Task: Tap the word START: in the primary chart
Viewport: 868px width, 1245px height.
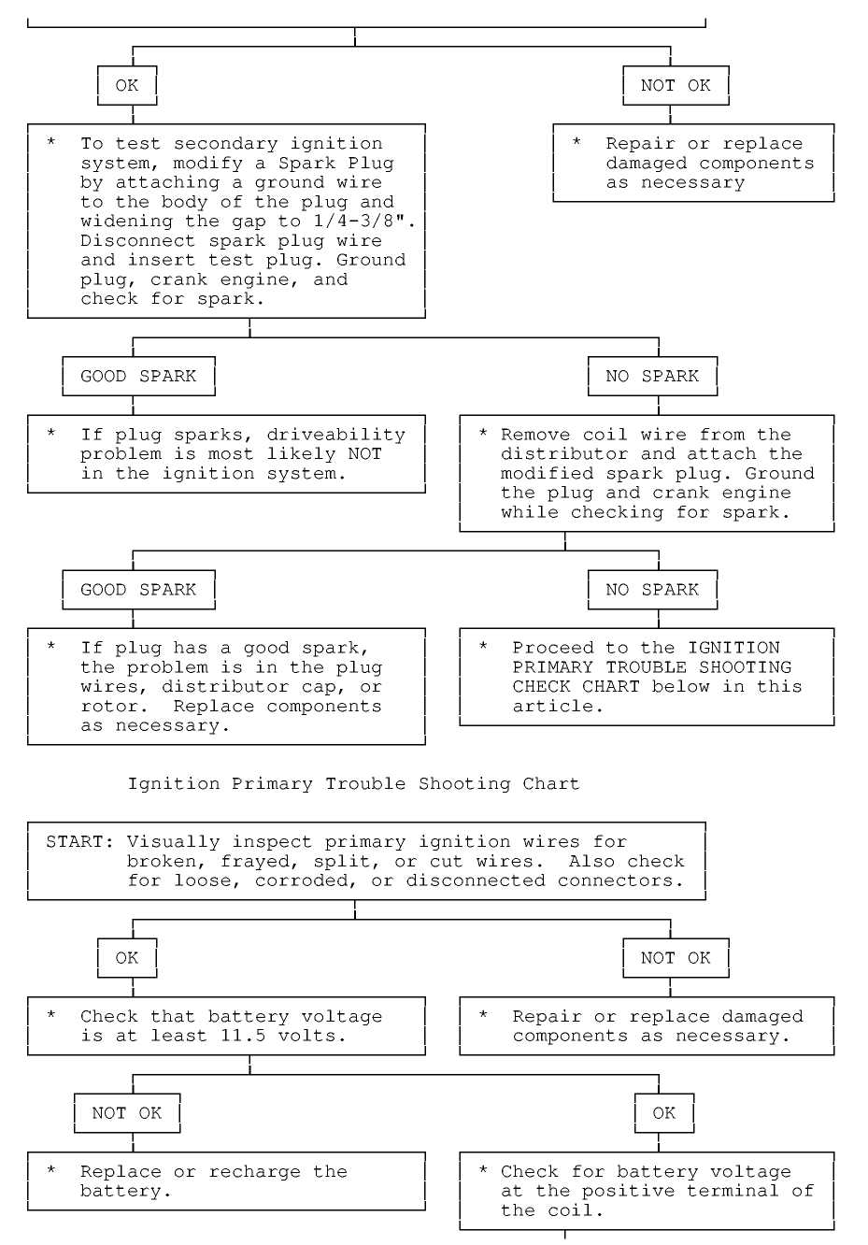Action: (x=80, y=841)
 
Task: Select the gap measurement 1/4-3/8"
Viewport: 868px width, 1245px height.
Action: (x=364, y=222)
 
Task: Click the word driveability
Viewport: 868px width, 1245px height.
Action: (x=335, y=435)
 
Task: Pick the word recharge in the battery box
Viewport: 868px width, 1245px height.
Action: (x=254, y=1172)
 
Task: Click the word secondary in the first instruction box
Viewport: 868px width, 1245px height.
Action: (x=225, y=144)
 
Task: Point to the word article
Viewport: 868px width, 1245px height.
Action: (x=558, y=707)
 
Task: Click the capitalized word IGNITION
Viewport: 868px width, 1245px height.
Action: (x=733, y=648)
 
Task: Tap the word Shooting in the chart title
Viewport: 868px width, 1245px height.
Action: (x=464, y=783)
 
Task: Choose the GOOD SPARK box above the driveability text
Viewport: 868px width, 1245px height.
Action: (x=139, y=377)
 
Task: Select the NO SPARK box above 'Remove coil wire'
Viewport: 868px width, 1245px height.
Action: (x=652, y=377)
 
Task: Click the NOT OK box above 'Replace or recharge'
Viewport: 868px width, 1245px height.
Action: (x=127, y=1113)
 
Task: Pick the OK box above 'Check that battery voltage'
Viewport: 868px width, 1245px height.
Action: (x=127, y=958)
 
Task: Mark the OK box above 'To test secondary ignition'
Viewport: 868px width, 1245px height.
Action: (x=127, y=86)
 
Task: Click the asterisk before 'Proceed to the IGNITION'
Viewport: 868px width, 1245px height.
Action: (x=483, y=647)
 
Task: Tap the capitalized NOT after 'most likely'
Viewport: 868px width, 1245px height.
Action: (x=364, y=454)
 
